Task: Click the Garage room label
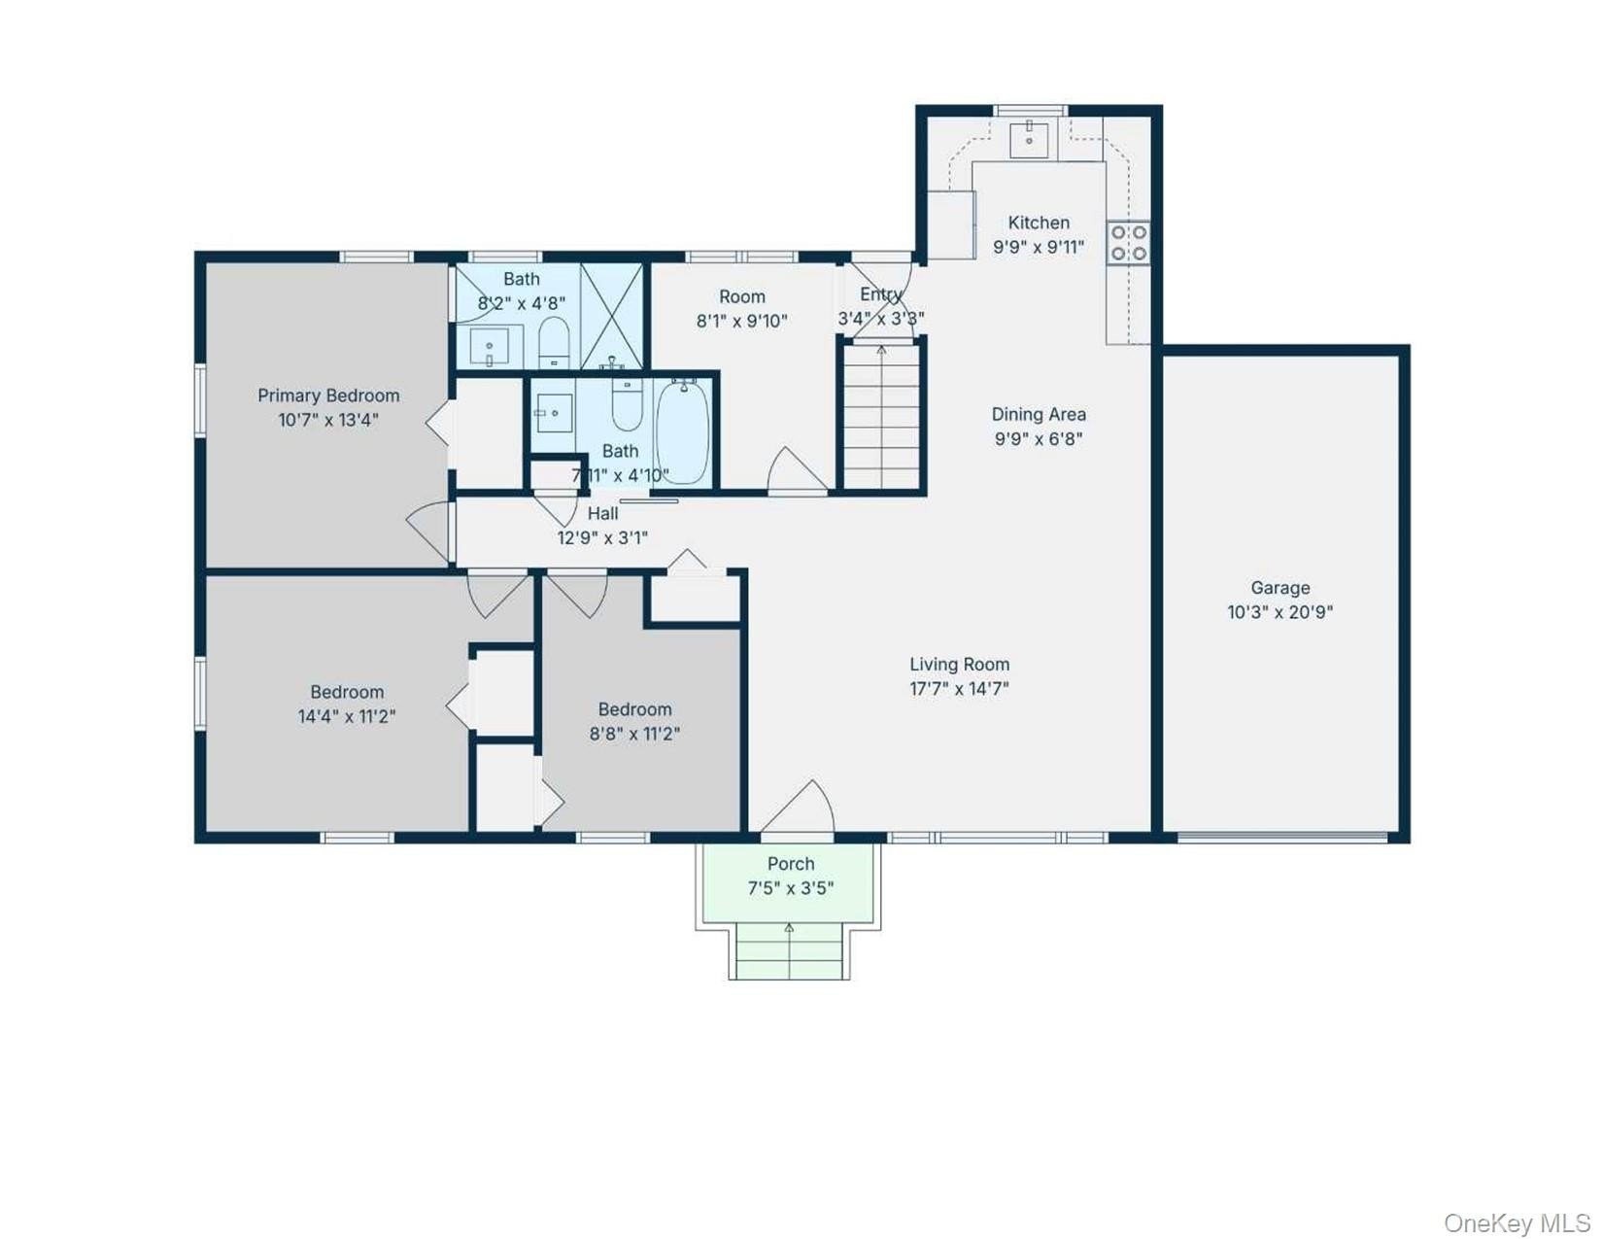1279,587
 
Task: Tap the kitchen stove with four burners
1129,243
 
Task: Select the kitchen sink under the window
1029,139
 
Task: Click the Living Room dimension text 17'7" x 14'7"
959,689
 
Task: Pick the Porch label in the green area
791,863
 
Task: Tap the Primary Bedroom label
328,396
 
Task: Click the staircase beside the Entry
881,417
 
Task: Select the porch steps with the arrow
789,951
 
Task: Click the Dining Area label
1039,414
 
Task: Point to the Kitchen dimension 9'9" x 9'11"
1039,247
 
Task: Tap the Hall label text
602,513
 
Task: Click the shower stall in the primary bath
611,316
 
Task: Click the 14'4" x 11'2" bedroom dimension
347,716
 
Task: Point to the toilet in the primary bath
553,342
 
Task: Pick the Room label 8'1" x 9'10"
742,308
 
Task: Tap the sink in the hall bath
554,413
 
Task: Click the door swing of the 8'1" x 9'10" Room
797,469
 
